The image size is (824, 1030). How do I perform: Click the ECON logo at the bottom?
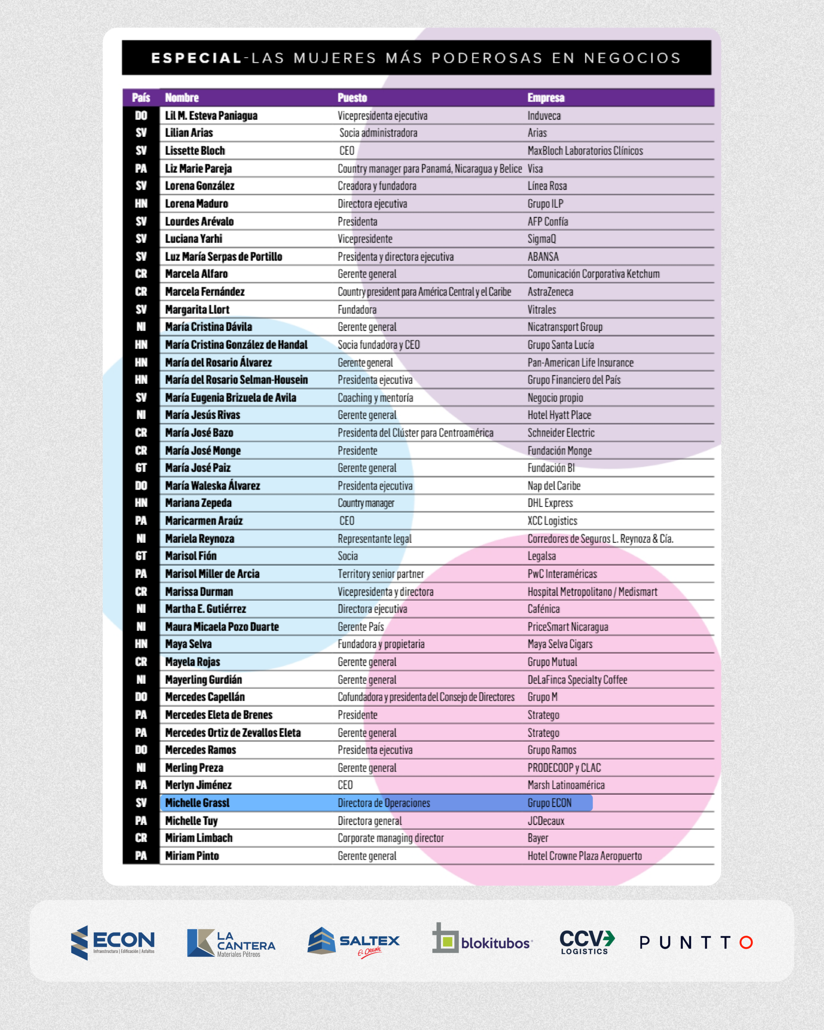click(113, 942)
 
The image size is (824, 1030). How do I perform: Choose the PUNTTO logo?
click(696, 943)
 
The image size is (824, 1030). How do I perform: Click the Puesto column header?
click(352, 98)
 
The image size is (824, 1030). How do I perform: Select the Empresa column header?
click(546, 98)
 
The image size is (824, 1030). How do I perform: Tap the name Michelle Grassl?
click(197, 803)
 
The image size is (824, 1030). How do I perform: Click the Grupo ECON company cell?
click(549, 803)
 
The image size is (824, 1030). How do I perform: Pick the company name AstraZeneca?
click(550, 292)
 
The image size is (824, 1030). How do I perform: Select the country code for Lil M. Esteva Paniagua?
click(141, 115)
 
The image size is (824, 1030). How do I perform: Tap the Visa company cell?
click(535, 169)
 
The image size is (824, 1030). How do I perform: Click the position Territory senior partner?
click(381, 574)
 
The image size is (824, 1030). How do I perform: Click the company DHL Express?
click(550, 503)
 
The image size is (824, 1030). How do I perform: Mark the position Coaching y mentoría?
click(375, 398)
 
